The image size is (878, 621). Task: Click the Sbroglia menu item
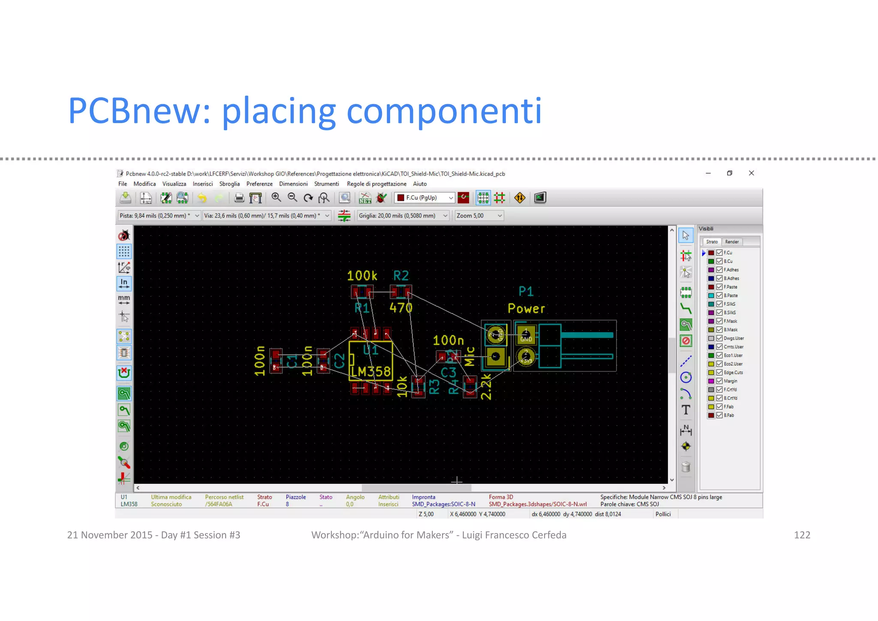coord(229,184)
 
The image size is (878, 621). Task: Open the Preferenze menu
coord(259,184)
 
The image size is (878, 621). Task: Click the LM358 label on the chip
coord(371,371)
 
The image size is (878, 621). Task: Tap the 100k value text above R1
coord(362,276)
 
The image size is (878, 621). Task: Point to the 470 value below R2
coord(401,308)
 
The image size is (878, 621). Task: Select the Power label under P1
coord(526,309)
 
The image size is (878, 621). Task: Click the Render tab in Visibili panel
coord(731,242)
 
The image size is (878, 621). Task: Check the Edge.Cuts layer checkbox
coord(719,373)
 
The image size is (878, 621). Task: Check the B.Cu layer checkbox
coord(719,261)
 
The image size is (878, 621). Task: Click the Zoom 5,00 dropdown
coord(479,215)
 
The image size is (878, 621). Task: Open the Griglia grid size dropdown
coord(403,215)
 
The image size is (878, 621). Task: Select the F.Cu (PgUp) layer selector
coord(424,198)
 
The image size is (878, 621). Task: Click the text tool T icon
coord(686,410)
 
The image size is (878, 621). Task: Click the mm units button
coord(124,300)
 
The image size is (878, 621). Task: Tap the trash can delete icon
coord(686,467)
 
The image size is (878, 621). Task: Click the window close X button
coord(751,173)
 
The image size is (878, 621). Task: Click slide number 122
coord(802,535)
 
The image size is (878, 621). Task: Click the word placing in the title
coord(278,111)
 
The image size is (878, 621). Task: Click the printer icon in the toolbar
coord(239,198)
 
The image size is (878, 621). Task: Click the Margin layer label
coord(730,381)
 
